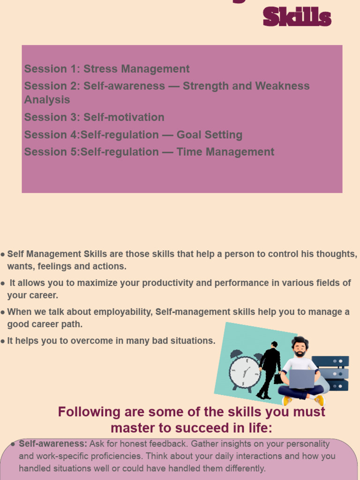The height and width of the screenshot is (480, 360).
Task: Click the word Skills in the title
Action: pyautogui.click(x=297, y=17)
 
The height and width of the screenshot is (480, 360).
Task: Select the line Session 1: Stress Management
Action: pyautogui.click(x=107, y=69)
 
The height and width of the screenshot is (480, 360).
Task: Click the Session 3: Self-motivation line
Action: pyautogui.click(x=94, y=117)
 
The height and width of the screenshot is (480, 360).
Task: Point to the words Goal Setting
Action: pyautogui.click(x=209, y=135)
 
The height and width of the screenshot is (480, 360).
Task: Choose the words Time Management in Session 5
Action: pyautogui.click(x=225, y=152)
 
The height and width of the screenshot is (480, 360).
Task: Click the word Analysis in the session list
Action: pyautogui.click(x=47, y=100)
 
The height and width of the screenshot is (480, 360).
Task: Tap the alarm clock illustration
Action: pyautogui.click(x=244, y=371)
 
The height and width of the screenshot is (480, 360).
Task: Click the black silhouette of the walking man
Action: pyautogui.click(x=270, y=370)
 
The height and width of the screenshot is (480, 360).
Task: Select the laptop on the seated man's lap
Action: pyautogui.click(x=301, y=379)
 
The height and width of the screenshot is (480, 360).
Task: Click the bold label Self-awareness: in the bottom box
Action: pyautogui.click(x=53, y=443)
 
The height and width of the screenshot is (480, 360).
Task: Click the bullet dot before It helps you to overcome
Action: pyautogui.click(x=3, y=341)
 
